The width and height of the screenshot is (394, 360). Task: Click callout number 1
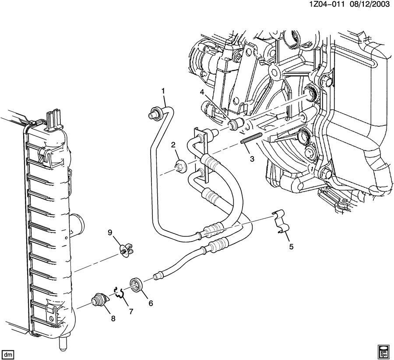coord(163,91)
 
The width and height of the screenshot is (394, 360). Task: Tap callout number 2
coord(173,145)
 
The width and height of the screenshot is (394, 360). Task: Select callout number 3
coord(252,159)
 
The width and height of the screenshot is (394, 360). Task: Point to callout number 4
coord(202,92)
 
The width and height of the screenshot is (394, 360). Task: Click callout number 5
coord(291,246)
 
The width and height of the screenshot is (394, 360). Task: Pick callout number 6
coord(151,302)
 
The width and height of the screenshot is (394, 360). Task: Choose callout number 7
coord(130,311)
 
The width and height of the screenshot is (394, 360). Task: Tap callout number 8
coord(113,318)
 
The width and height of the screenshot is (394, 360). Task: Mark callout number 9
coord(110,232)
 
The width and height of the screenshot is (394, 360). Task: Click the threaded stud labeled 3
coord(251,140)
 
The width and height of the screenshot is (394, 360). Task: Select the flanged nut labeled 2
coord(179,166)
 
